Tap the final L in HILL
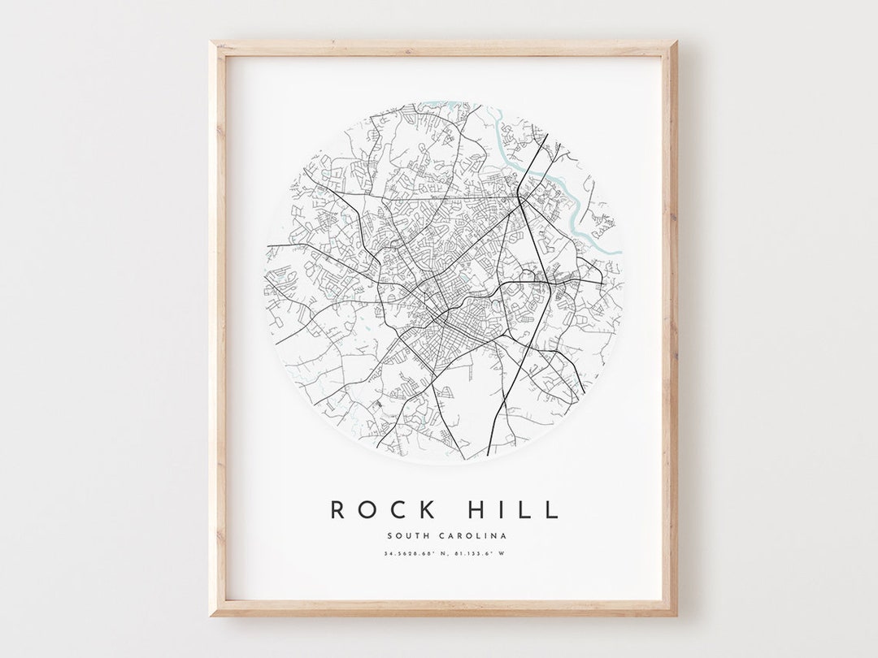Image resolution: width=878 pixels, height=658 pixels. tap(553, 510)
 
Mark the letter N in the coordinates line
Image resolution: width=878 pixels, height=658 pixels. tap(446, 555)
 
